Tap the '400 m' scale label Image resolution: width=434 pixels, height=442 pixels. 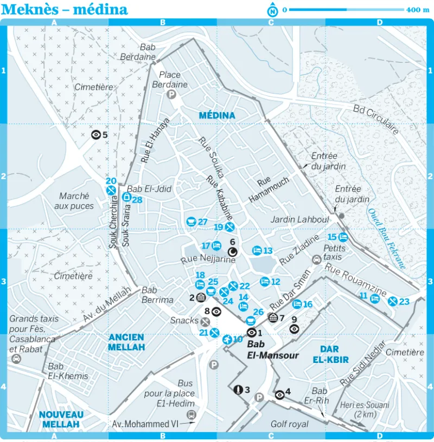[x=418, y=10]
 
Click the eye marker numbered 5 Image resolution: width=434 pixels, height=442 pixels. [x=96, y=135]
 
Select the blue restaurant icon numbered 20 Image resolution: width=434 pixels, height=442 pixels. [x=111, y=190]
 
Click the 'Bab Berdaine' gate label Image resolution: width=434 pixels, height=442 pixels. [x=148, y=52]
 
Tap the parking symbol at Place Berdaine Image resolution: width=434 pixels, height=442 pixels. [x=171, y=95]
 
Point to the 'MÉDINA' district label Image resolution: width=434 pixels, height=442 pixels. [x=217, y=115]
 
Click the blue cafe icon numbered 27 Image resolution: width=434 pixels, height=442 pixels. [x=191, y=222]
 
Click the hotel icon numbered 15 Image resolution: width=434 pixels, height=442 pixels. [x=343, y=237]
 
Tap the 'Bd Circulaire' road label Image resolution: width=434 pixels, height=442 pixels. [x=376, y=119]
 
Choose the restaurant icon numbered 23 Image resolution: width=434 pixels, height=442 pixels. [x=392, y=302]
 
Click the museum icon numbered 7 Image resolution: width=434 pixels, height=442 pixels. [x=273, y=317]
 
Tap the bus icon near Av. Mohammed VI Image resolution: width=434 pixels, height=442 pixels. [x=190, y=414]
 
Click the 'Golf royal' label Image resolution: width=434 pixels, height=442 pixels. [x=290, y=424]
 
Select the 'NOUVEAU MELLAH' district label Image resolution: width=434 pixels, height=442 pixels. [x=61, y=419]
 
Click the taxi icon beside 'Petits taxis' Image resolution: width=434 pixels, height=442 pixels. [x=316, y=259]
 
